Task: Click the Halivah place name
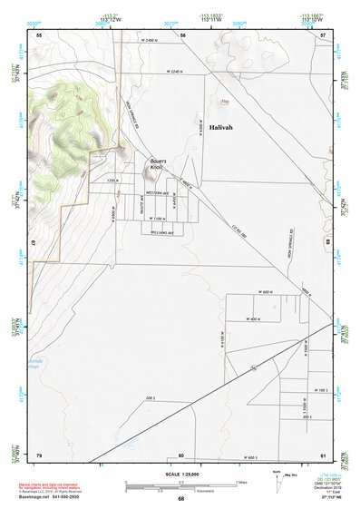pyautogui.click(x=220, y=128)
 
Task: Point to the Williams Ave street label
pyautogui.click(x=163, y=231)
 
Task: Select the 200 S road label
pyautogui.click(x=150, y=397)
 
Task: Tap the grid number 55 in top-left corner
pyautogui.click(x=39, y=34)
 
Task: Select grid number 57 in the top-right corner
pyautogui.click(x=323, y=34)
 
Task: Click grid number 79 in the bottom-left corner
pyautogui.click(x=39, y=455)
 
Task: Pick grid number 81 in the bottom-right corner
pyautogui.click(x=323, y=455)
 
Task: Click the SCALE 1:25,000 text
pyautogui.click(x=180, y=475)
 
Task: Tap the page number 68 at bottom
pyautogui.click(x=180, y=499)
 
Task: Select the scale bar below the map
pyautogui.click(x=180, y=485)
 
